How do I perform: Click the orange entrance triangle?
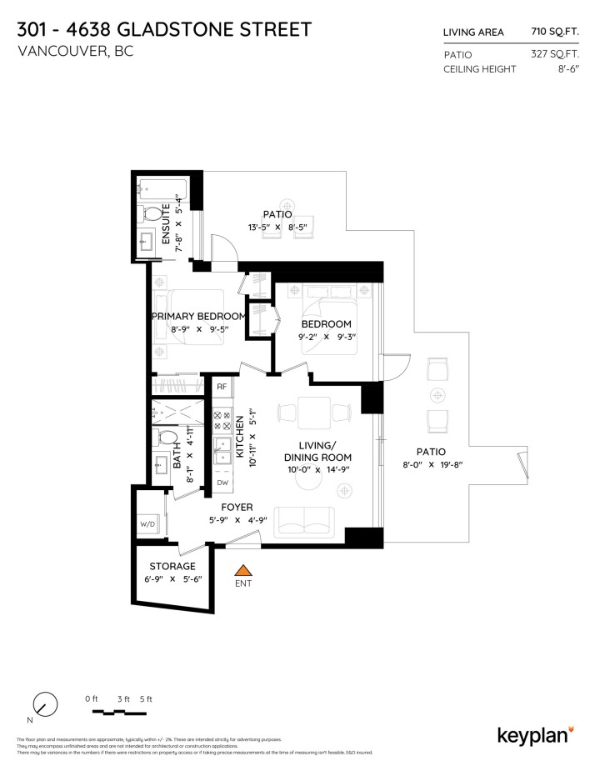pyautogui.click(x=243, y=571)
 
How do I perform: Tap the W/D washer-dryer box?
pyautogui.click(x=147, y=524)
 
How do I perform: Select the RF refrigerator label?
pyautogui.click(x=222, y=387)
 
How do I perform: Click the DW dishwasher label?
pyautogui.click(x=222, y=483)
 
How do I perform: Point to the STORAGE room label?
pyautogui.click(x=172, y=566)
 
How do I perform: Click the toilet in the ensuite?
pyautogui.click(x=151, y=213)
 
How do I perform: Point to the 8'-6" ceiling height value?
pyautogui.click(x=566, y=69)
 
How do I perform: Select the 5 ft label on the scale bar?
pyautogui.click(x=147, y=698)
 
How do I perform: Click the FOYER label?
pyautogui.click(x=237, y=507)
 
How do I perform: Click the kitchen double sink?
pyautogui.click(x=222, y=454)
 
